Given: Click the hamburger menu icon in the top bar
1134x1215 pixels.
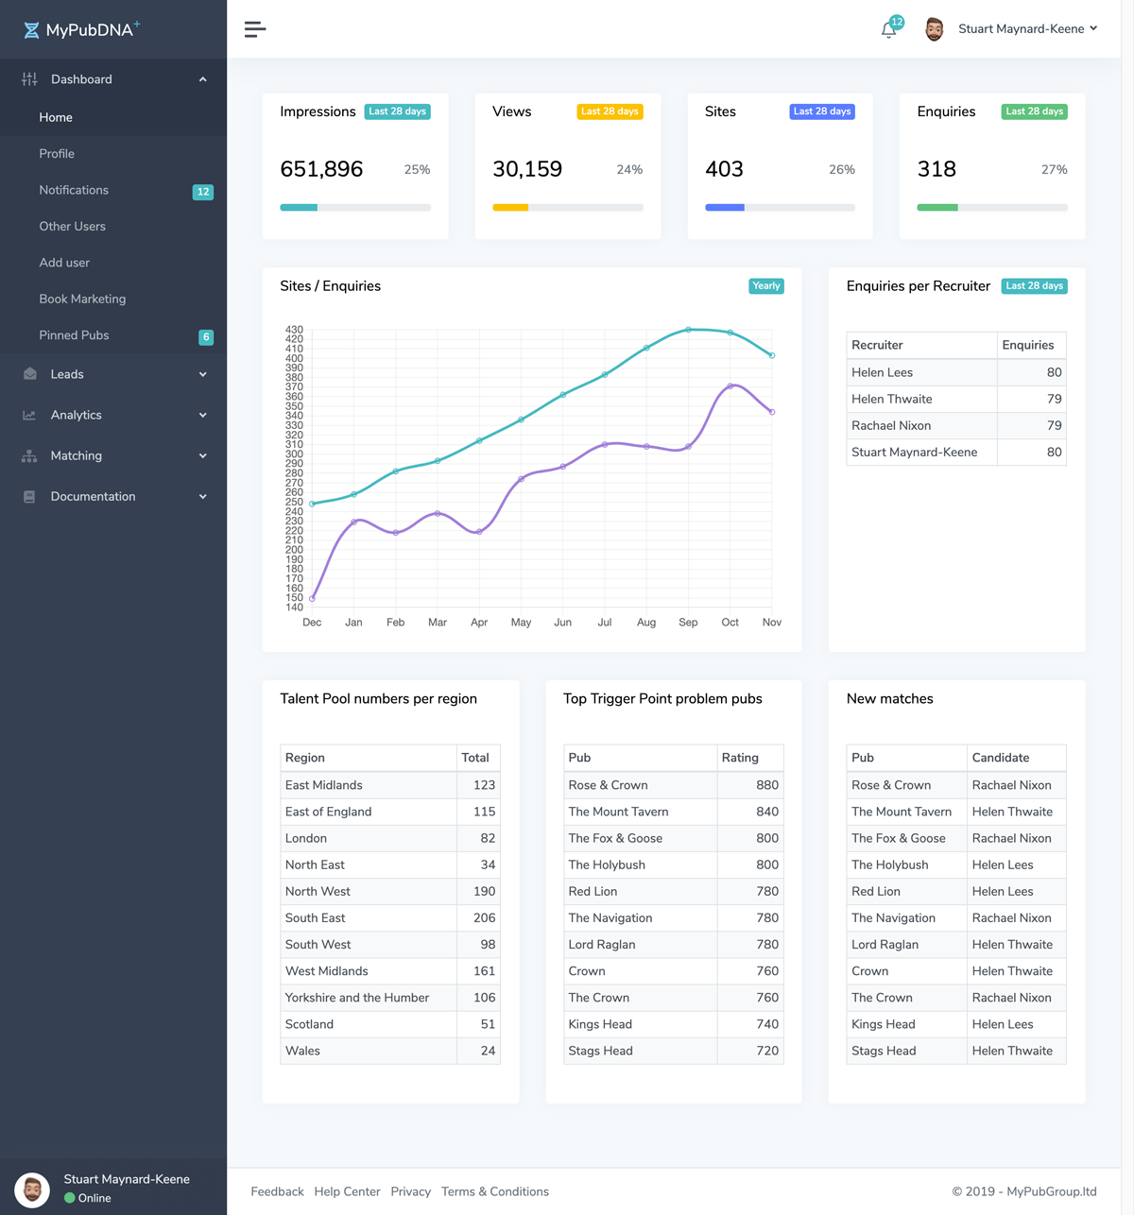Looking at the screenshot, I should [x=255, y=29].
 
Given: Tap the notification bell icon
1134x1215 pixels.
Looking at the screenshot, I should [x=888, y=30].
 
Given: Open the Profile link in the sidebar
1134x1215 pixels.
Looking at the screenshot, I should [x=57, y=154].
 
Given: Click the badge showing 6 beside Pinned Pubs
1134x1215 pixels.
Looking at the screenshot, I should [x=206, y=337].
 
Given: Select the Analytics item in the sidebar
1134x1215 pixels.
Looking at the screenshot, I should [x=76, y=415].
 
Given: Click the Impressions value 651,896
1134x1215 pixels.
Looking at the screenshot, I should [x=321, y=169].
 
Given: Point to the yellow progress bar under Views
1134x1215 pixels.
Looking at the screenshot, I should [x=510, y=208].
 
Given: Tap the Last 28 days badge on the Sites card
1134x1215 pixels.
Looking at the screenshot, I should [x=822, y=111].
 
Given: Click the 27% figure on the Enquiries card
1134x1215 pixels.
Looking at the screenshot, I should [x=1054, y=170].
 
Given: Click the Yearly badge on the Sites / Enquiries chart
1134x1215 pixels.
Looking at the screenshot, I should [x=765, y=286].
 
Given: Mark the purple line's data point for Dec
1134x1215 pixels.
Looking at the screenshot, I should [x=312, y=598].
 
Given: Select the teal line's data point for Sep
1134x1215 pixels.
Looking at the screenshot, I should [x=688, y=330].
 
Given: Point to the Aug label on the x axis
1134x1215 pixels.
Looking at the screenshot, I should [x=646, y=623].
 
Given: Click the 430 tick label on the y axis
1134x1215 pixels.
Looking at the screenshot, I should [x=294, y=330].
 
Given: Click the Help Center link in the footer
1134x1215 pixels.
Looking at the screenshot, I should [x=347, y=1192].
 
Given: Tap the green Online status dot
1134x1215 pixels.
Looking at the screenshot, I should [x=70, y=1198].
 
